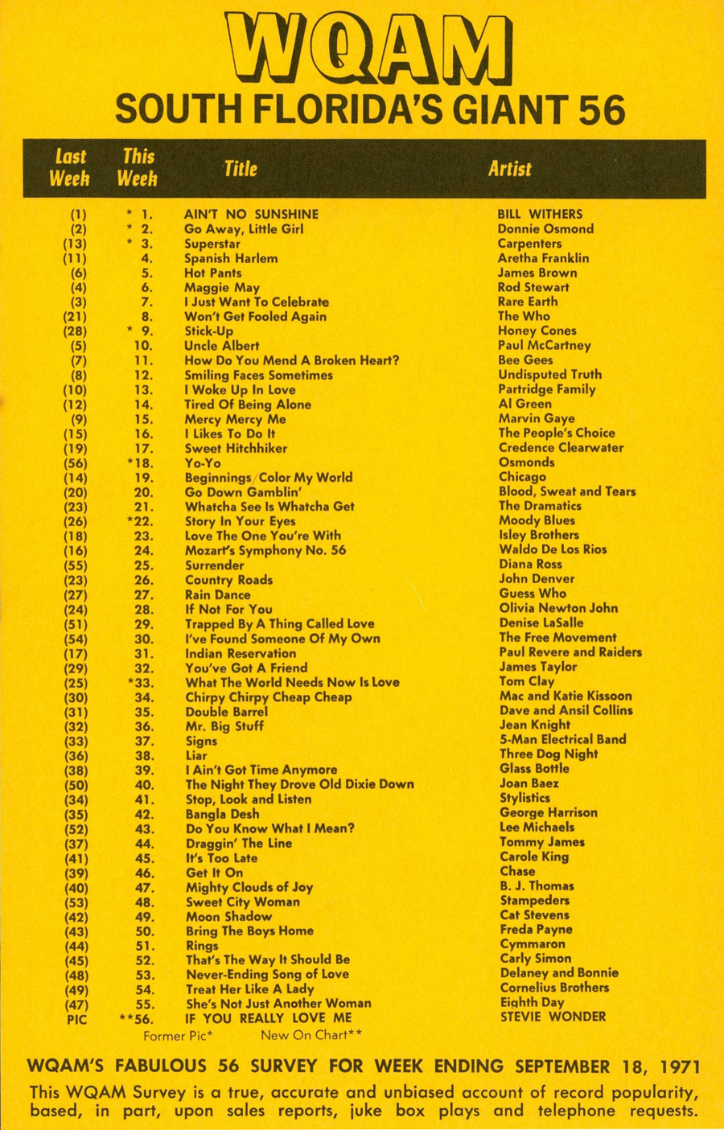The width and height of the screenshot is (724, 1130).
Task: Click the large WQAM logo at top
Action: click(x=369, y=50)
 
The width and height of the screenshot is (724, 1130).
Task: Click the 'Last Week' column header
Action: click(x=70, y=167)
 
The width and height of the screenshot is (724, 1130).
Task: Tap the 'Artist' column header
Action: click(x=509, y=169)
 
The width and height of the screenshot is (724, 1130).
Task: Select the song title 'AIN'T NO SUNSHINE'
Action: click(x=251, y=214)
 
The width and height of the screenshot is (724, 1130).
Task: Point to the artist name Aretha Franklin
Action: click(x=543, y=258)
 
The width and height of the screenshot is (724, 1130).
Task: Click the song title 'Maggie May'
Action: click(x=222, y=287)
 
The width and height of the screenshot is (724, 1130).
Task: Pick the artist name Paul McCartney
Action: click(x=544, y=345)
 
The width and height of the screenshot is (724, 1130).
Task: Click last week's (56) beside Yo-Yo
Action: click(x=75, y=463)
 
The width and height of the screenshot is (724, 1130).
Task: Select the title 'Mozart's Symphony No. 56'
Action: click(x=265, y=550)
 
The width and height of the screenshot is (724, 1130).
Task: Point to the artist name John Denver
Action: click(x=536, y=579)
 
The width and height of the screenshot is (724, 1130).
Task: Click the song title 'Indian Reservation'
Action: click(x=241, y=653)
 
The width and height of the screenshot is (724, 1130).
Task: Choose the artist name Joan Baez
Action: click(x=529, y=783)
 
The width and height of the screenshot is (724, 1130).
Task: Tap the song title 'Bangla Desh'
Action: click(x=222, y=814)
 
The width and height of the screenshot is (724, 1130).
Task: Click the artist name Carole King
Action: click(x=534, y=857)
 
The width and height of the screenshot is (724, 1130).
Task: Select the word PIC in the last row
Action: click(x=75, y=1019)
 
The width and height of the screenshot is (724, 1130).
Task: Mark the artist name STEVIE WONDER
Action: click(x=553, y=1017)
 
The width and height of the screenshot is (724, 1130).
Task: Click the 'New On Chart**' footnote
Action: click(x=311, y=1035)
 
